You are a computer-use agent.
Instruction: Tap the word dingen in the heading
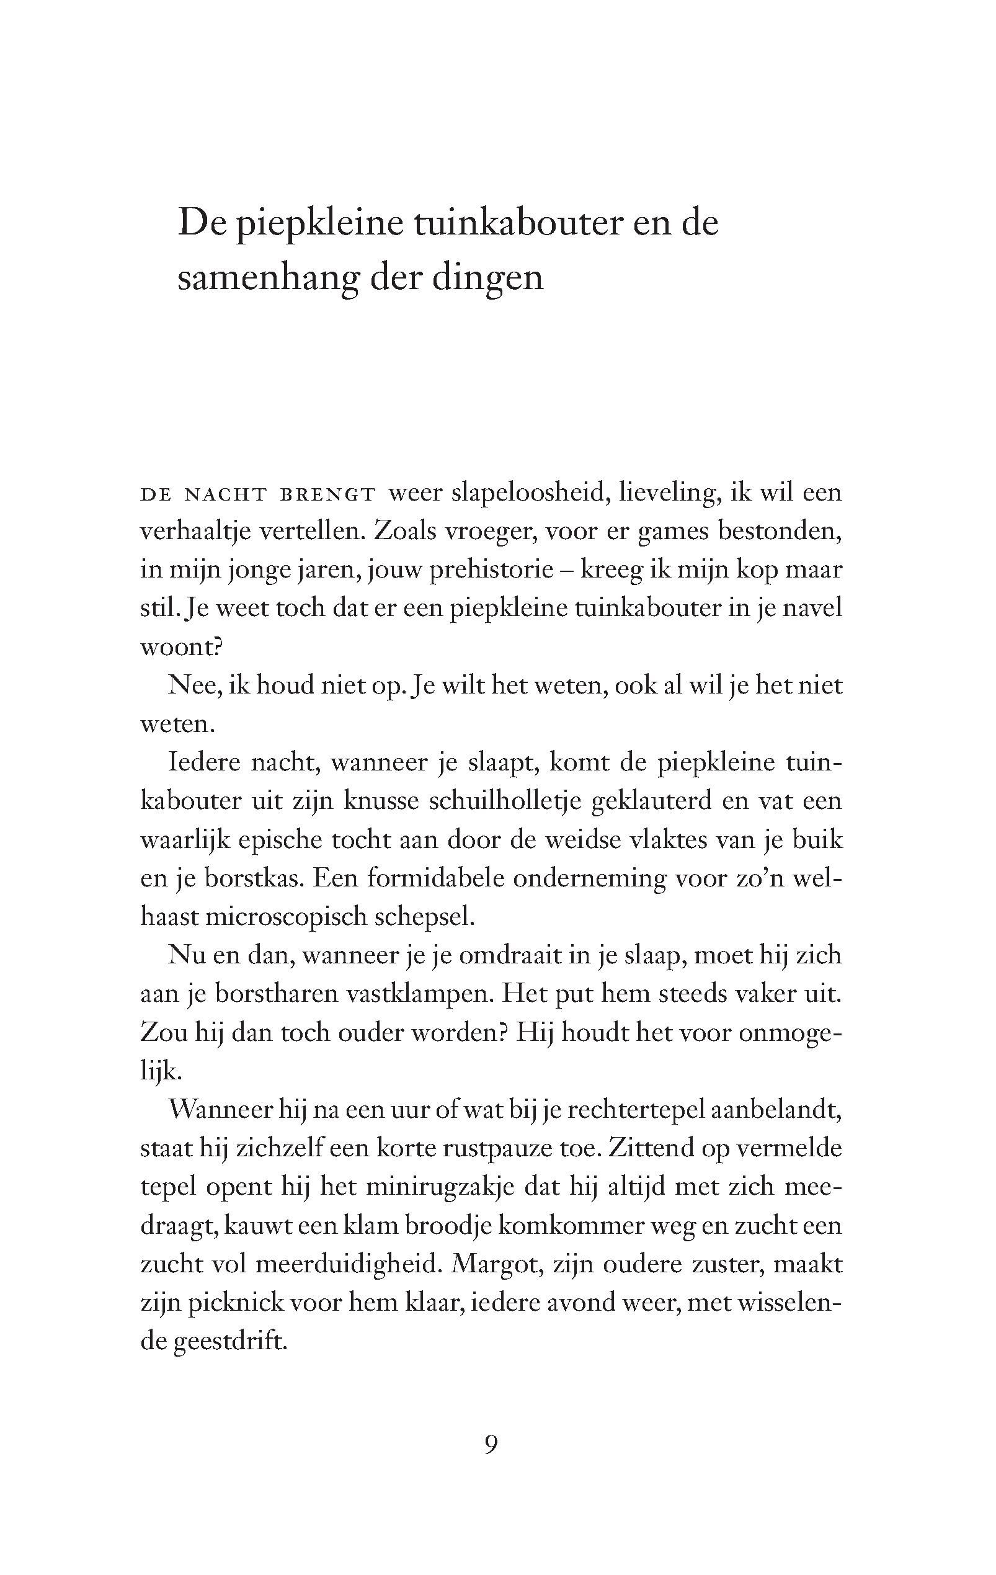487,278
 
